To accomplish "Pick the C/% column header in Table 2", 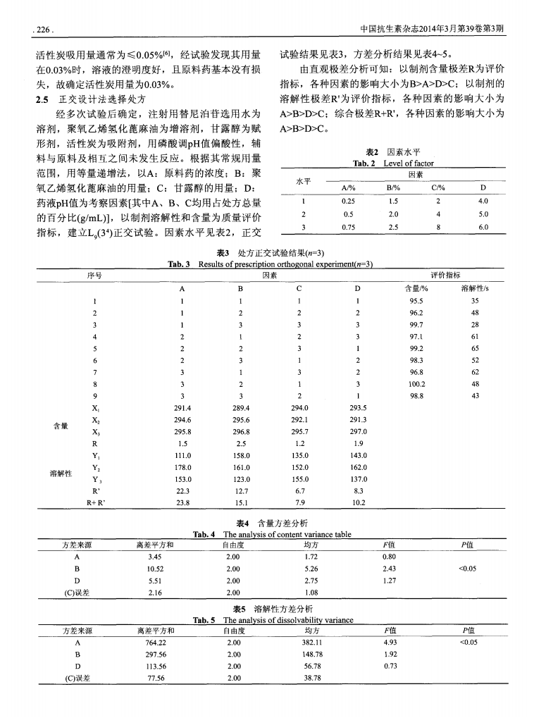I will pos(438,188).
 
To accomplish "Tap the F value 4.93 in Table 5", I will pos(388,643).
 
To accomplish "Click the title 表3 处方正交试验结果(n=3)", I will pos(267,254).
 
